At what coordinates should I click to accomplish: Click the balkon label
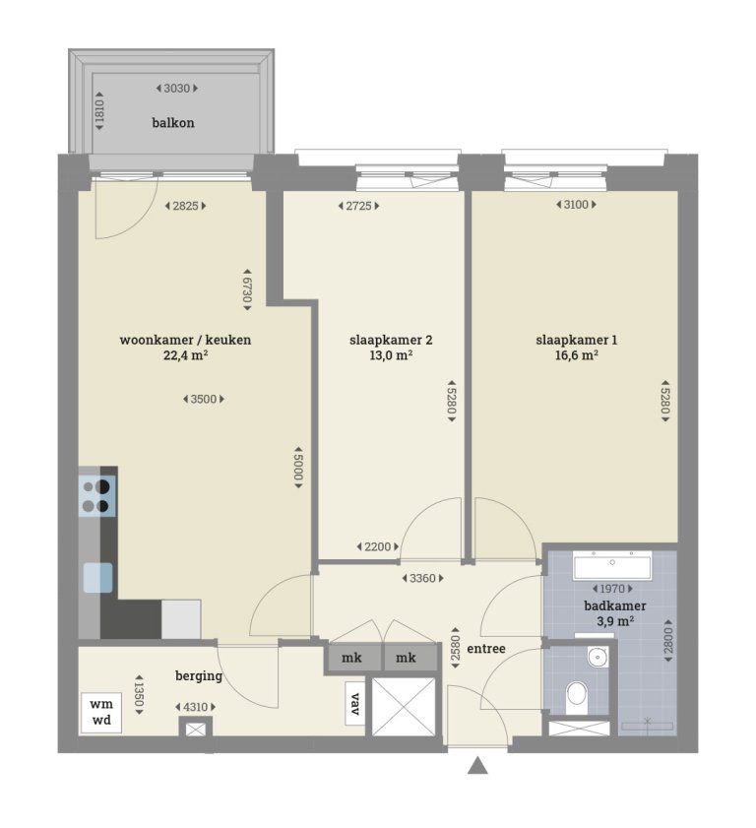[x=173, y=123]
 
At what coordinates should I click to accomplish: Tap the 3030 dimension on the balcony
[x=177, y=89]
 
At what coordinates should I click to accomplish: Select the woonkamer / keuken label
[x=185, y=341]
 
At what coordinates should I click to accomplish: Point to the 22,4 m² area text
[x=185, y=356]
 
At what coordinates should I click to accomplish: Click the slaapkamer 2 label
[x=391, y=341]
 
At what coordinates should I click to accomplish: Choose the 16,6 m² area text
[x=577, y=356]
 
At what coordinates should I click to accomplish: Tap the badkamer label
[x=608, y=605]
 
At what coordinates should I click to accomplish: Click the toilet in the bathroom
[x=578, y=696]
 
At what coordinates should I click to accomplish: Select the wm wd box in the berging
[x=100, y=712]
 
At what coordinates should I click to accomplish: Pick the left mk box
[x=351, y=658]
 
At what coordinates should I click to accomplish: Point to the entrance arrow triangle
[x=477, y=765]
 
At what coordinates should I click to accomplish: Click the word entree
[x=486, y=649]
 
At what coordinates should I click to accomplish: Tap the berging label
[x=199, y=676]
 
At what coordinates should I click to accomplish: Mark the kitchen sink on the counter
[x=98, y=576]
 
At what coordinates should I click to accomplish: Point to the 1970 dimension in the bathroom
[x=611, y=590]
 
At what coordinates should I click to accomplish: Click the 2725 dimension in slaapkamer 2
[x=358, y=206]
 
